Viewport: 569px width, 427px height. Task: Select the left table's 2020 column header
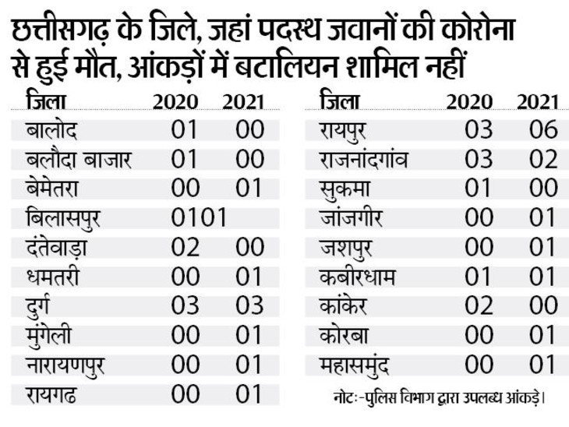[176, 101]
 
